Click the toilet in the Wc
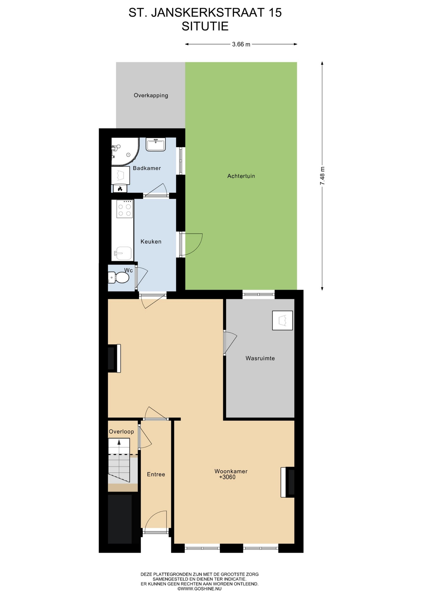[118, 277]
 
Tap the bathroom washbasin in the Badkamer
[155, 145]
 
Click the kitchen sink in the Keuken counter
[123, 253]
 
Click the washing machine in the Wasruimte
[283, 320]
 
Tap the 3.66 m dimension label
[241, 44]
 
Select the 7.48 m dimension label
[322, 176]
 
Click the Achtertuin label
[241, 176]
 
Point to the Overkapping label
[151, 95]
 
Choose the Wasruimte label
[260, 358]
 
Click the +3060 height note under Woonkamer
[227, 477]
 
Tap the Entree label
[156, 474]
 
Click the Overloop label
[121, 432]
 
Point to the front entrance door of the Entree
[156, 520]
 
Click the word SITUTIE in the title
[205, 26]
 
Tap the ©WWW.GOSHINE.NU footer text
[200, 589]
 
